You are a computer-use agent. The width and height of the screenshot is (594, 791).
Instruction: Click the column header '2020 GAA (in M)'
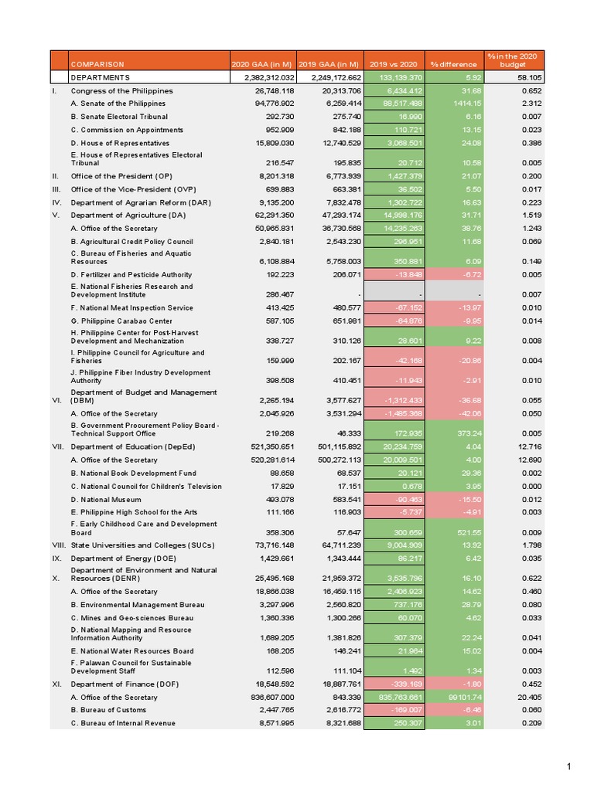[x=263, y=64]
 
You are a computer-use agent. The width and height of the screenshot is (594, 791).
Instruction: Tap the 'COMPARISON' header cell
[x=97, y=64]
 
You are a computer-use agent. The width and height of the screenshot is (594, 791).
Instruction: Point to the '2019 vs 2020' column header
[x=394, y=64]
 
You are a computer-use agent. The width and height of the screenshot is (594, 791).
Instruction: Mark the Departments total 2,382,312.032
[x=264, y=78]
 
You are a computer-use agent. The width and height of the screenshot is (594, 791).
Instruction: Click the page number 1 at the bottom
[x=568, y=767]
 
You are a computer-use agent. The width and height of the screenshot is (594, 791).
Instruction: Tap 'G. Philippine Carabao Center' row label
[x=121, y=321]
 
